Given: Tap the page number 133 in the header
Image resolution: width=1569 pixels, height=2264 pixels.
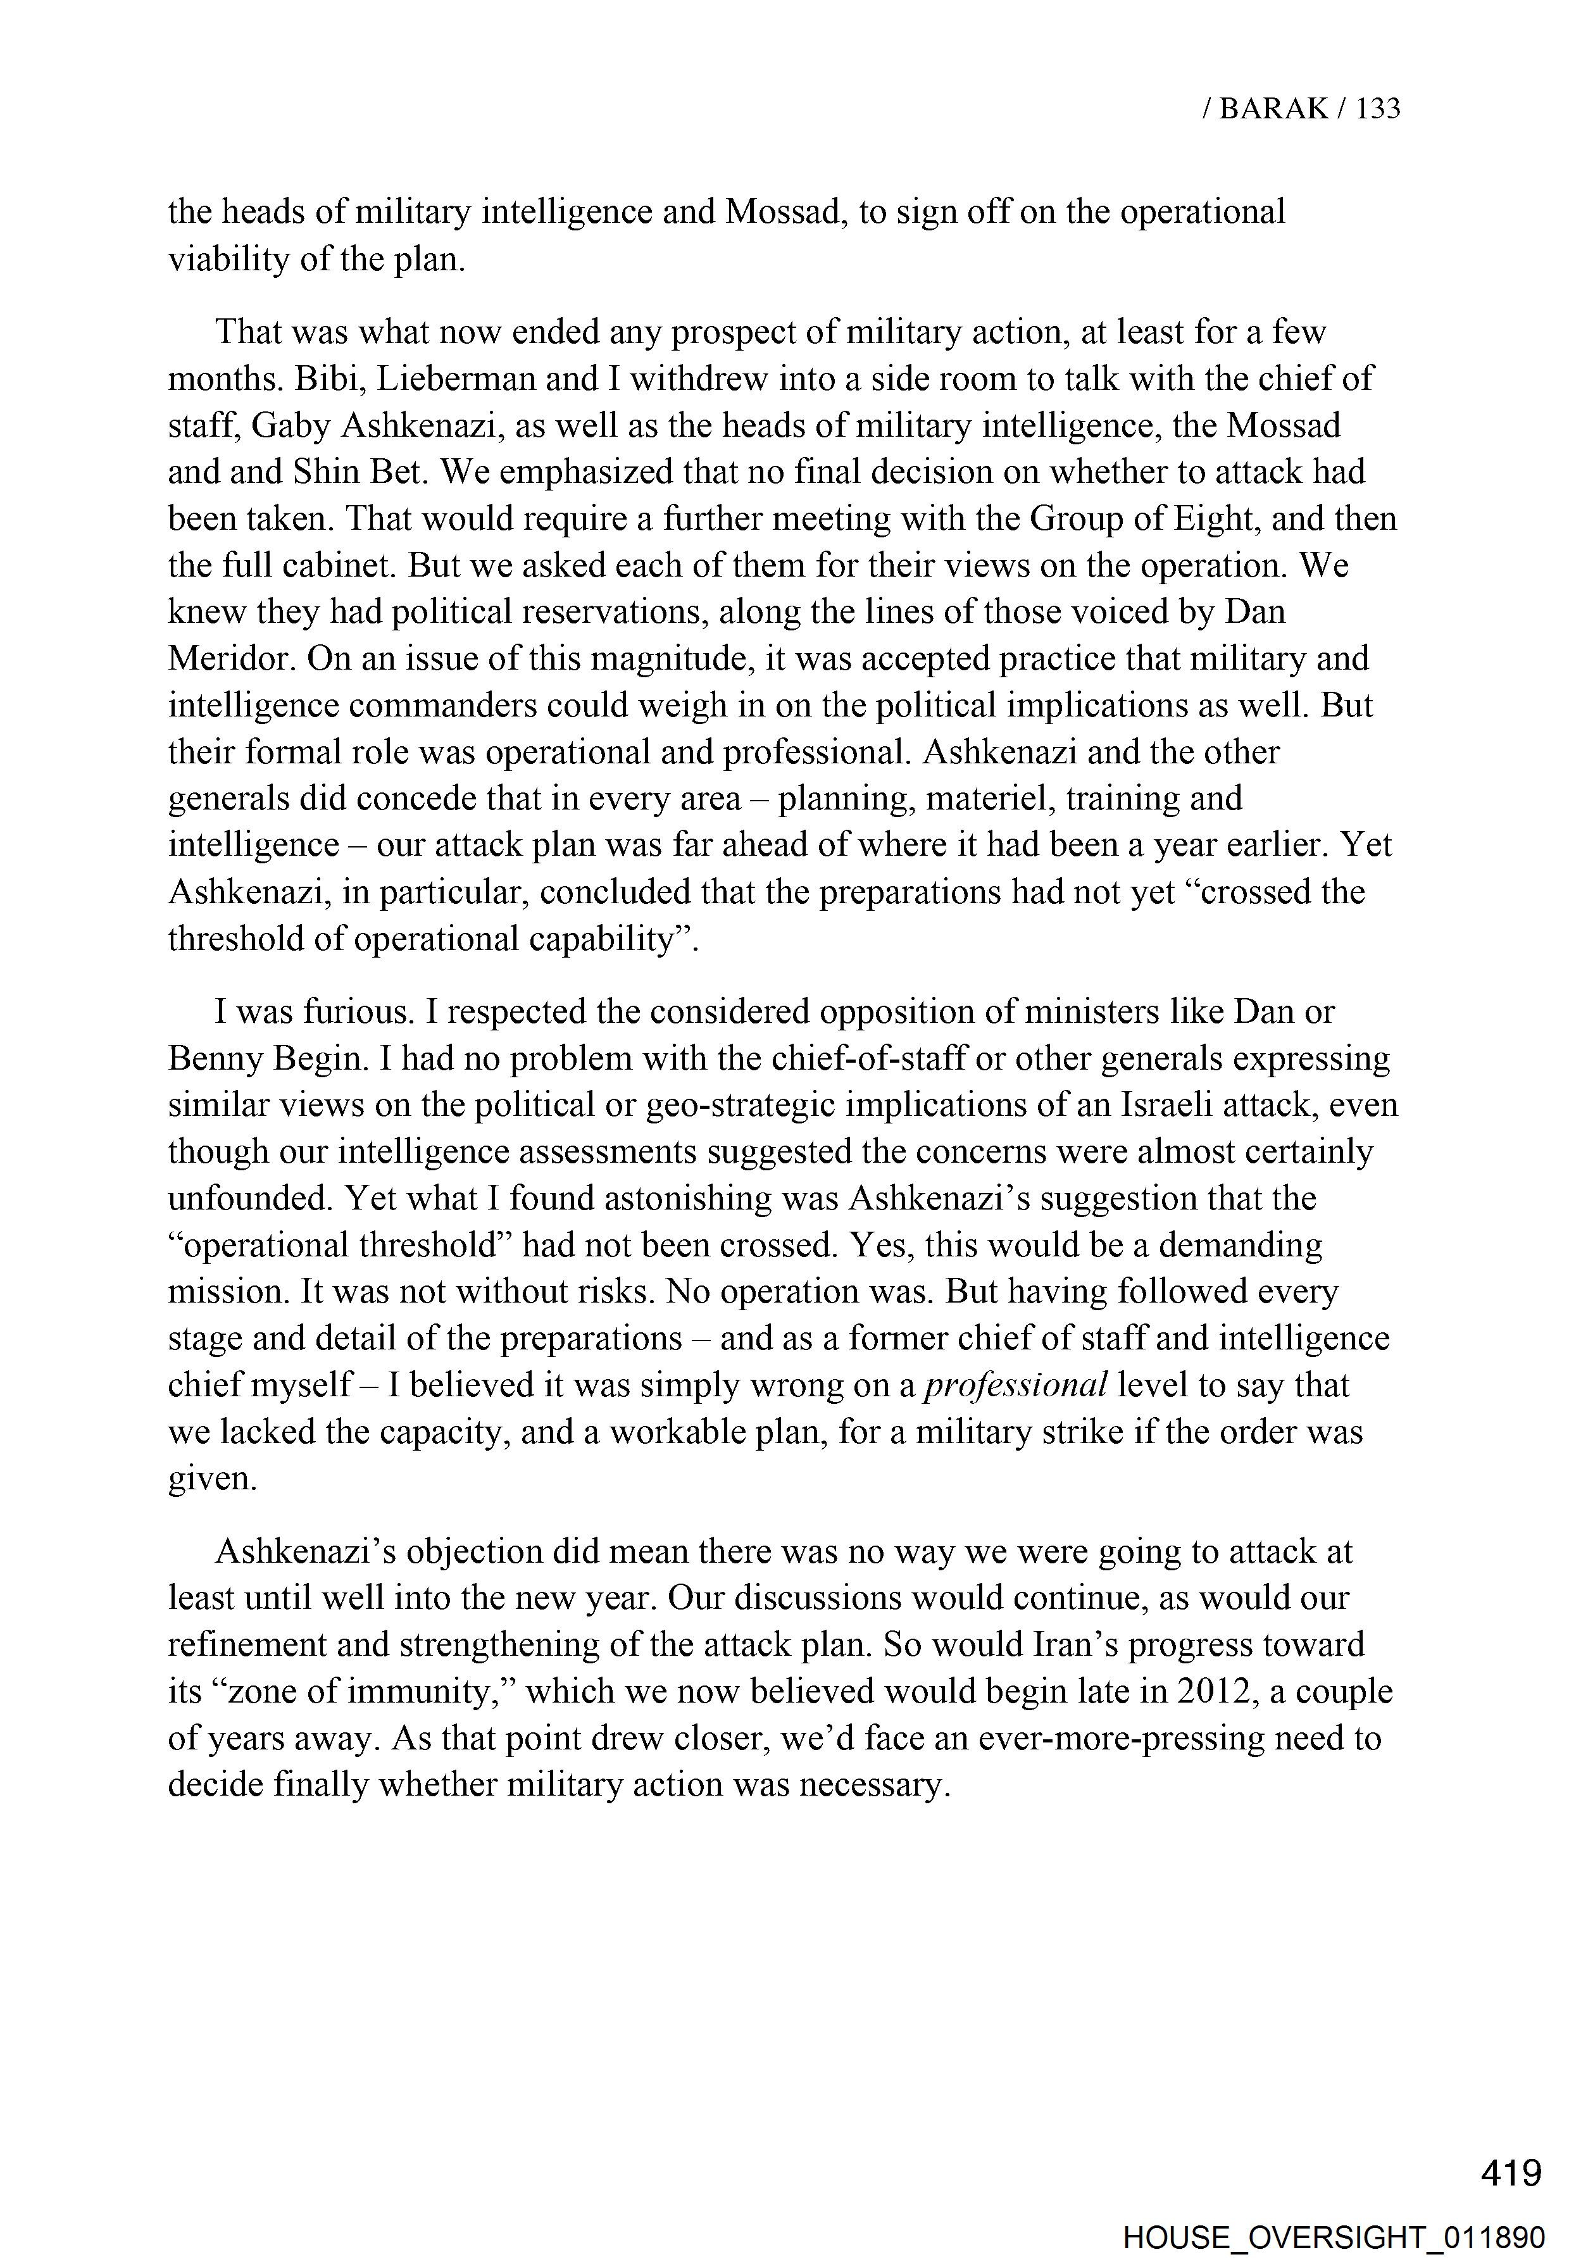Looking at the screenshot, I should [x=1377, y=108].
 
